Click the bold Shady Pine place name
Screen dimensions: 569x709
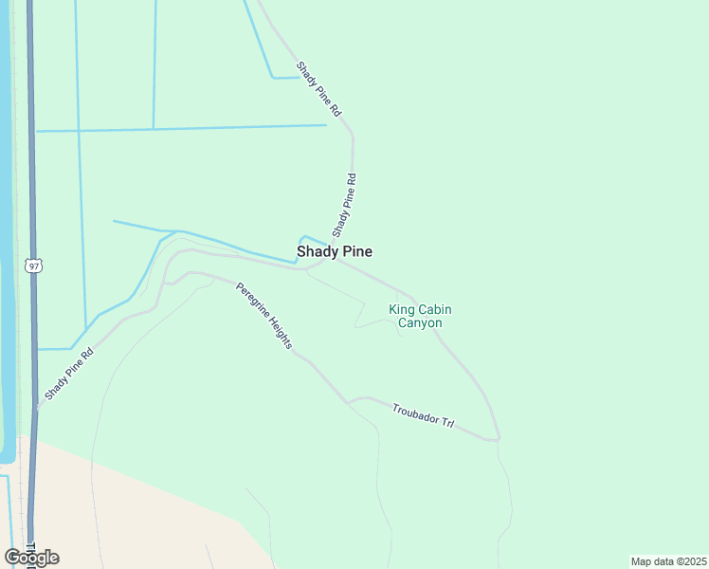[334, 251]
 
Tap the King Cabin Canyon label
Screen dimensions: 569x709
[415, 316]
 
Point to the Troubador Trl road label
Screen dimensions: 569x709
[423, 415]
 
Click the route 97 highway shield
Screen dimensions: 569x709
[34, 266]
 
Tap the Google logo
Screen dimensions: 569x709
[31, 558]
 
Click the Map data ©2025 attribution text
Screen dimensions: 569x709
[668, 561]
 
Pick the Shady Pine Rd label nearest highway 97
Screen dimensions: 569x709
[69, 374]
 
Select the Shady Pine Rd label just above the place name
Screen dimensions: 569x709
[344, 205]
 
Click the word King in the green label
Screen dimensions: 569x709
[402, 308]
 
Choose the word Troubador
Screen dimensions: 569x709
[416, 413]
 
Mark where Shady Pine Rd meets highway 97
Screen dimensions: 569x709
[38, 408]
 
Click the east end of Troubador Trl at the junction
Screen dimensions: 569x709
[496, 439]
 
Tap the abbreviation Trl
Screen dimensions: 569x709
[447, 424]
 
